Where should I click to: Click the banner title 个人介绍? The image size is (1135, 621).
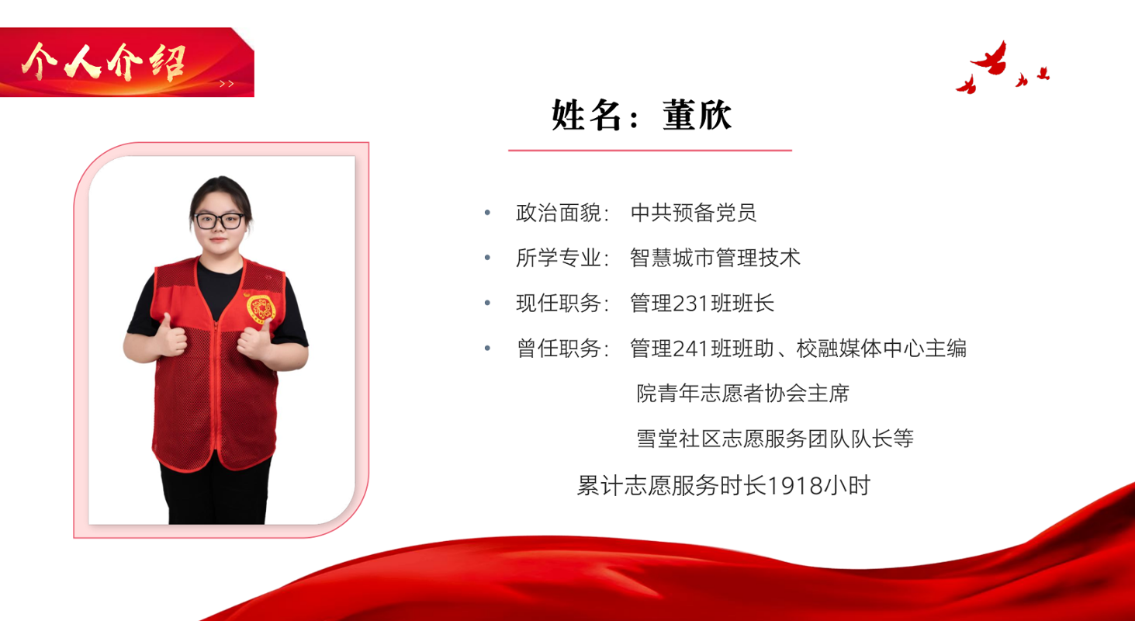pyautogui.click(x=104, y=62)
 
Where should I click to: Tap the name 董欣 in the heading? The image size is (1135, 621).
pyautogui.click(x=697, y=115)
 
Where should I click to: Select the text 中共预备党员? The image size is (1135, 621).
pyautogui.click(x=693, y=213)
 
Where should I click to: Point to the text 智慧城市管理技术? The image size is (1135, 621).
pyautogui.click(x=715, y=258)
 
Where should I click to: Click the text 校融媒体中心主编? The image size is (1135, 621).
pyautogui.click(x=881, y=349)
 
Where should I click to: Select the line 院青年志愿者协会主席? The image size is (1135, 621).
pyautogui.click(x=742, y=394)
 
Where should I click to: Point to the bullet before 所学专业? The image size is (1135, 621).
pyautogui.click(x=487, y=258)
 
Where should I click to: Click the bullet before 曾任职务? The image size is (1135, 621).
pyautogui.click(x=487, y=349)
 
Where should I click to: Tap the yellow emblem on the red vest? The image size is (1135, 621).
pyautogui.click(x=261, y=307)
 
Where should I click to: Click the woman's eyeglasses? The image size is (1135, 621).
pyautogui.click(x=220, y=221)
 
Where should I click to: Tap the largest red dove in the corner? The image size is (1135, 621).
pyautogui.click(x=991, y=59)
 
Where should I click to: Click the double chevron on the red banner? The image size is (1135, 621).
pyautogui.click(x=227, y=84)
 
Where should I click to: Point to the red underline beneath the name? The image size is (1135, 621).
pyautogui.click(x=650, y=150)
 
